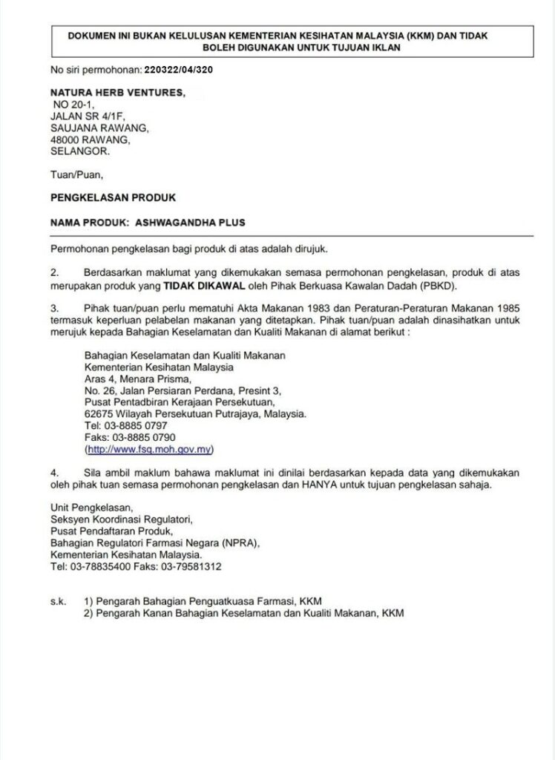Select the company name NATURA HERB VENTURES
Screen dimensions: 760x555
117,93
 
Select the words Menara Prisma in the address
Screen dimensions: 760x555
148,379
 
